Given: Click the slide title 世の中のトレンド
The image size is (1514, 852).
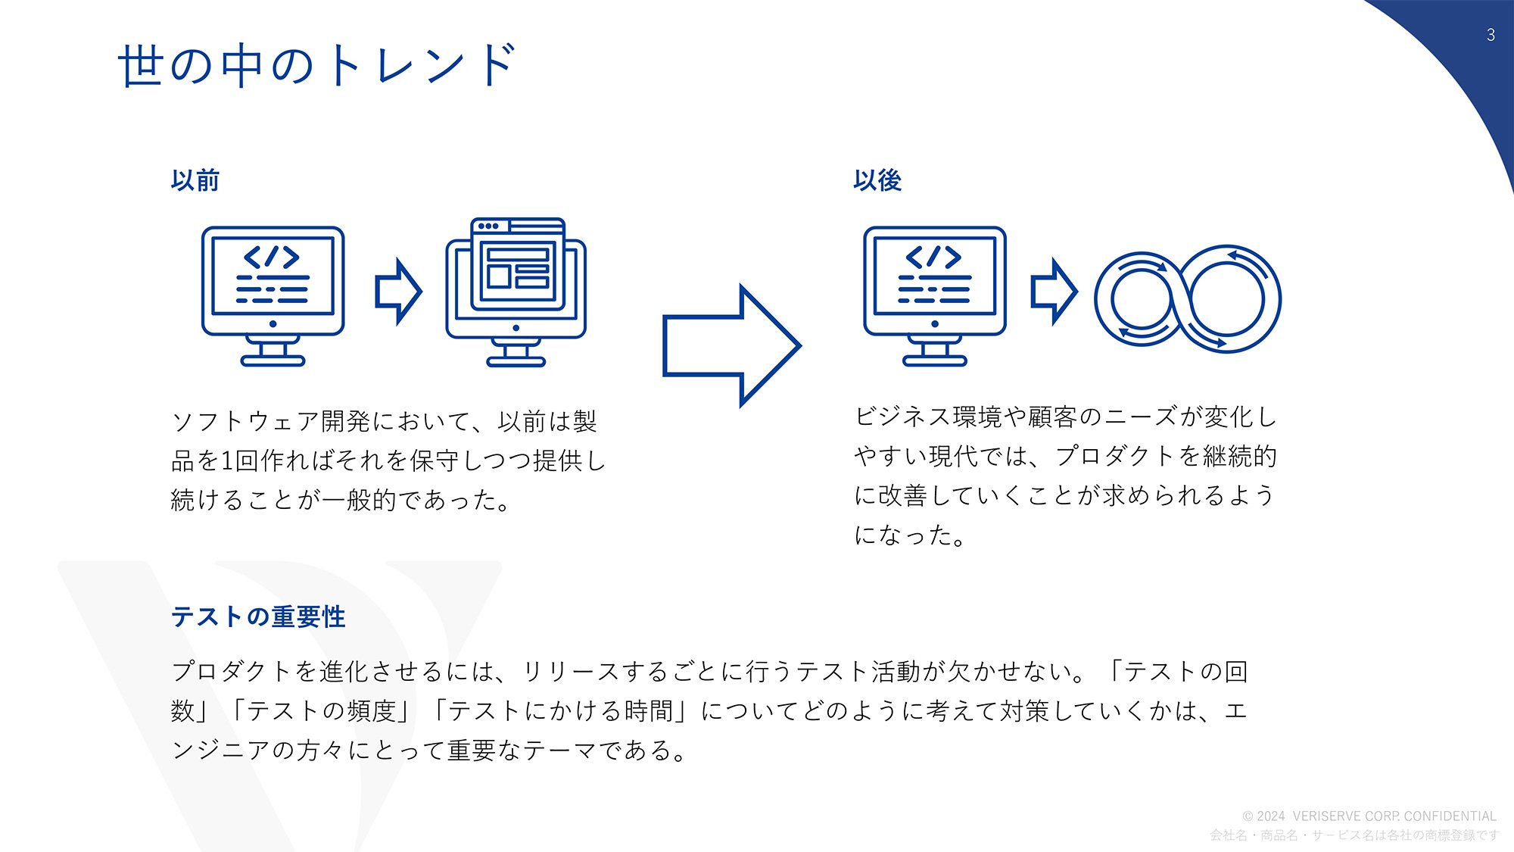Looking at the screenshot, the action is coord(317,65).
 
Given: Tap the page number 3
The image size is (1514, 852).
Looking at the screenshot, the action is coord(1491,35).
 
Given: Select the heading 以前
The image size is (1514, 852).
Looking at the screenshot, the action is coord(195,180).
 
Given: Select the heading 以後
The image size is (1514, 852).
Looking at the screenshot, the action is coord(877,180).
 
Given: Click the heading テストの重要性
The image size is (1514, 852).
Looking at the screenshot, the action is coord(258,616).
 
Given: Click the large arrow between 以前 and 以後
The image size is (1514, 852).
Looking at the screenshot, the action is coord(731,346).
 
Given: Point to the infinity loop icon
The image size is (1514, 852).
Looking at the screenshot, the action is coord(1187,298).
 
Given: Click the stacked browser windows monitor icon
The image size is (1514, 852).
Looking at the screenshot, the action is coord(516,292).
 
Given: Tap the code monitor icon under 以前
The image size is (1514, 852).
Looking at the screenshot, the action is coord(273,296).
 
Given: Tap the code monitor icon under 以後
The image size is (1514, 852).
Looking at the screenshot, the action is coord(935,296).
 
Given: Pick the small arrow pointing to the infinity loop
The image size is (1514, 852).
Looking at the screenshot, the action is coord(1054,292).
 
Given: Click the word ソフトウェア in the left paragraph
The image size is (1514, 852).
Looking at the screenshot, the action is coord(245,421).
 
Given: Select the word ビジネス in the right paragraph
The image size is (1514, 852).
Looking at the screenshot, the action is coord(902,417).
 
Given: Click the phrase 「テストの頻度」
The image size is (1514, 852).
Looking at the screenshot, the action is coord(322,710).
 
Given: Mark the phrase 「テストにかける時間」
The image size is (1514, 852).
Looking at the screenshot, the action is coord(561,710).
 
